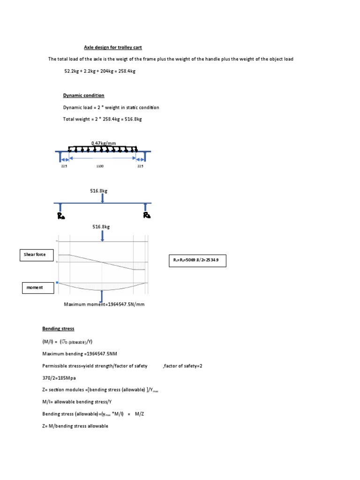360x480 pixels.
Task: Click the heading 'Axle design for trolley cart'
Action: (x=112, y=47)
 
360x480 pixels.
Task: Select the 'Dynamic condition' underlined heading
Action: (x=83, y=95)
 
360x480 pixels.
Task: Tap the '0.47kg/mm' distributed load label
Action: (x=103, y=143)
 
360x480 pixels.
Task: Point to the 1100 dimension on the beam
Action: (x=100, y=165)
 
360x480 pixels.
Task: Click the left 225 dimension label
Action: (x=64, y=165)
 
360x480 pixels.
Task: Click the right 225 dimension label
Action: (x=140, y=165)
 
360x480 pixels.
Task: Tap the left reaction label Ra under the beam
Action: (x=61, y=216)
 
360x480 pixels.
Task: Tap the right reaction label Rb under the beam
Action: (x=147, y=216)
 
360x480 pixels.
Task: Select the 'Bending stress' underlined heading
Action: (x=58, y=329)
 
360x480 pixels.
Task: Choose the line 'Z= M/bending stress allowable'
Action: (x=75, y=426)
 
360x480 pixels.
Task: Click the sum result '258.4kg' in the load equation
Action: (x=126, y=71)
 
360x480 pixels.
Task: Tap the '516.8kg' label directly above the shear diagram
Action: (x=101, y=226)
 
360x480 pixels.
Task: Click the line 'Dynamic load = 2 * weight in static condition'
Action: (x=111, y=107)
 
